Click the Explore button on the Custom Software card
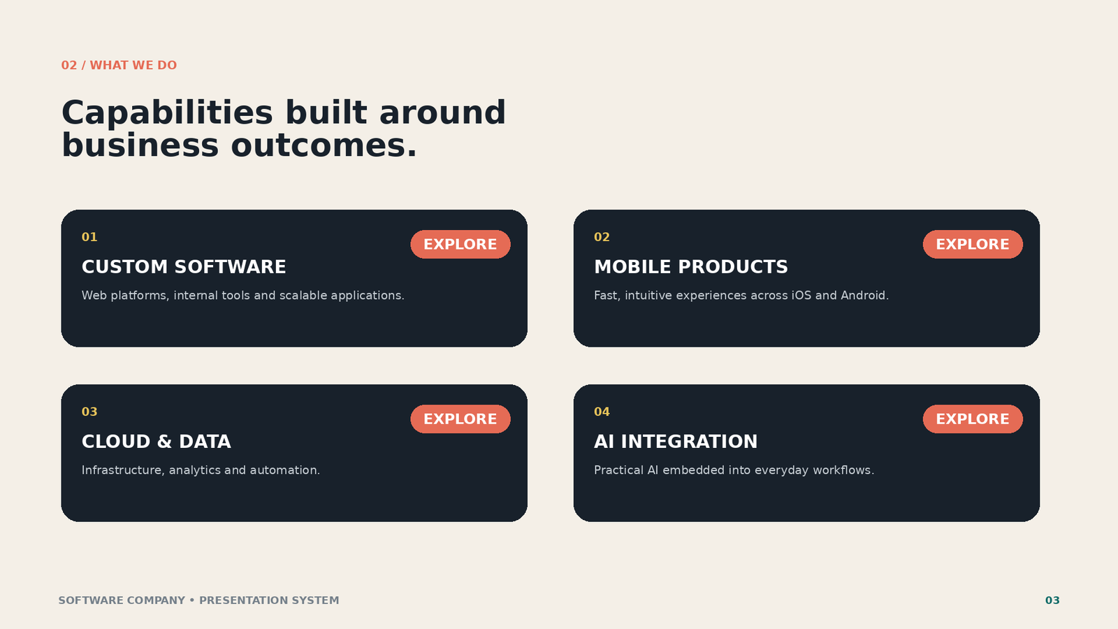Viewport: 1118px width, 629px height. pyautogui.click(x=460, y=244)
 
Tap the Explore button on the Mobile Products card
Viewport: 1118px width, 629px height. pyautogui.click(x=972, y=244)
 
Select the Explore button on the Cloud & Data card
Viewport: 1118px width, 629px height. pyautogui.click(x=460, y=419)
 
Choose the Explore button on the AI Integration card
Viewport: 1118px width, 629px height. pyautogui.click(x=972, y=419)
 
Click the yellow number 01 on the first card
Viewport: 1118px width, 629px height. pyautogui.click(x=89, y=237)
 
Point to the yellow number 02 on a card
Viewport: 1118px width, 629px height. pyautogui.click(x=602, y=237)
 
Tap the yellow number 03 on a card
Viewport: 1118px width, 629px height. pyautogui.click(x=89, y=412)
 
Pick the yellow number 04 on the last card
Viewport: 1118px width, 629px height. pyautogui.click(x=602, y=412)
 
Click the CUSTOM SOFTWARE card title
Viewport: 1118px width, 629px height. pyautogui.click(x=184, y=267)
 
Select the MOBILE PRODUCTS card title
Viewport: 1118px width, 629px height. pyautogui.click(x=691, y=267)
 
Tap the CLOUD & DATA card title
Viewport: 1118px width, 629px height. pyautogui.click(x=157, y=442)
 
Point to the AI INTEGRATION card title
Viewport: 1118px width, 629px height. pyautogui.click(x=675, y=442)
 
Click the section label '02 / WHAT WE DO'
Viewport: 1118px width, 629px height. pyautogui.click(x=119, y=66)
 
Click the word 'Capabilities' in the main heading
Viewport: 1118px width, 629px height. pyautogui.click(x=167, y=113)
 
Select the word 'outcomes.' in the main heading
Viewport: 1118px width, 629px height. pyautogui.click(x=324, y=146)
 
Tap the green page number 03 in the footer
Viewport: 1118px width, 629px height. pyautogui.click(x=1052, y=600)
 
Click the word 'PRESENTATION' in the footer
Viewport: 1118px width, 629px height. pyautogui.click(x=244, y=600)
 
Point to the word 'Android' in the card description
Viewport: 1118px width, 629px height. pyautogui.click(x=863, y=296)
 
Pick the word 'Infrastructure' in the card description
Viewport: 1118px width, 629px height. pyautogui.click(x=122, y=470)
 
